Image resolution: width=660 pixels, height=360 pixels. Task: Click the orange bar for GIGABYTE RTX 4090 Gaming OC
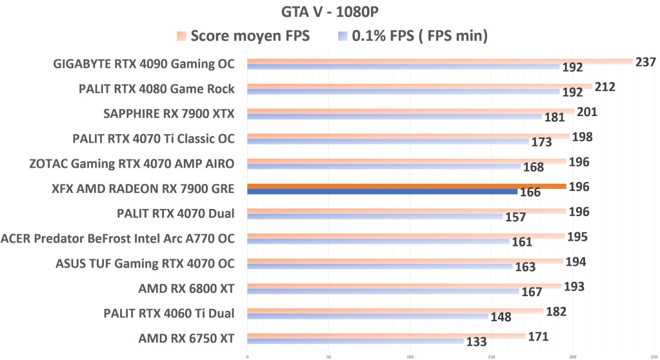[x=439, y=61]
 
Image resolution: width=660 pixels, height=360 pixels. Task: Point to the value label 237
[x=645, y=62]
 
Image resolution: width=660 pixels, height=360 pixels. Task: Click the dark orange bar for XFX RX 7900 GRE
[x=406, y=186]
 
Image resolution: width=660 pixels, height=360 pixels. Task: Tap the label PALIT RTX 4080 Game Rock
[x=156, y=89]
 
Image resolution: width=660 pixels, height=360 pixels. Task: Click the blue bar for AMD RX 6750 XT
[x=355, y=341]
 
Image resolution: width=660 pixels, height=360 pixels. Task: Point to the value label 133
[x=476, y=342]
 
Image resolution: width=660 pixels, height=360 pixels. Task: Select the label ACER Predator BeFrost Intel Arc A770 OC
[x=117, y=239]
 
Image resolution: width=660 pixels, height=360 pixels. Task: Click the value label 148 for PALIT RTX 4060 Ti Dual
[x=501, y=317]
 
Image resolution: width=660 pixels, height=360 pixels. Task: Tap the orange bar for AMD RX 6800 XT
[x=404, y=285]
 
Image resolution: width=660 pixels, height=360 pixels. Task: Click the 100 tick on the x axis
[x=410, y=355]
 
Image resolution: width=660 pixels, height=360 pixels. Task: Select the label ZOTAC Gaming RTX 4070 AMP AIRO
[x=132, y=164]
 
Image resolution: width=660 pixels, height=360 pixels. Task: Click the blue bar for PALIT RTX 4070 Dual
[x=374, y=216]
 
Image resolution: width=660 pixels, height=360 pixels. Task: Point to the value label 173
[x=541, y=142]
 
